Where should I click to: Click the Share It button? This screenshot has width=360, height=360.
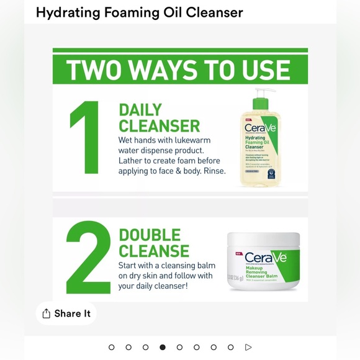pos(66,313)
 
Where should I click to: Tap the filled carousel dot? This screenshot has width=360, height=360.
pos(163,348)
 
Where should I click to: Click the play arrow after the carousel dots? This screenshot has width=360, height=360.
pos(248,348)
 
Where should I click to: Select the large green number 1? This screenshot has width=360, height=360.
pos(86,137)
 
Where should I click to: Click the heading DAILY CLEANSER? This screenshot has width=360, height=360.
pos(159,118)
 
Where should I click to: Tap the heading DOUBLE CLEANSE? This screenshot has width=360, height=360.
pos(154,243)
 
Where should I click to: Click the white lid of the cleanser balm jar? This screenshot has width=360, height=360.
pos(263,238)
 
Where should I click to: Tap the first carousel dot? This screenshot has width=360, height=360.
pos(112,348)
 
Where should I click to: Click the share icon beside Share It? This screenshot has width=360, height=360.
pos(46,313)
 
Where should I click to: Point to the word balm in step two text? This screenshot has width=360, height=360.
pos(204,265)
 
